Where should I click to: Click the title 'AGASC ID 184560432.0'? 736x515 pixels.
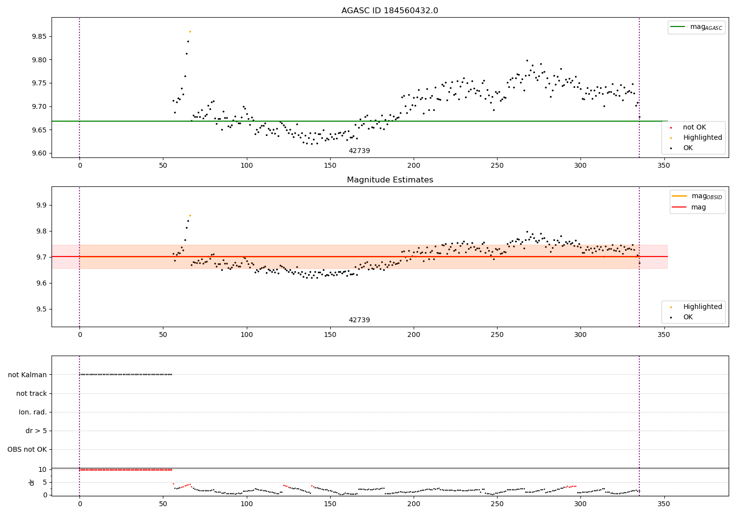coord(390,11)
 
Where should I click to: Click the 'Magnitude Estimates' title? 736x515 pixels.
coord(390,180)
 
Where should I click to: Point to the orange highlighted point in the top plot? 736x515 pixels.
coord(190,31)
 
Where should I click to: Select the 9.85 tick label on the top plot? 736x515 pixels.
coord(38,37)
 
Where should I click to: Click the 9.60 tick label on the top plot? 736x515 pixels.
coord(38,154)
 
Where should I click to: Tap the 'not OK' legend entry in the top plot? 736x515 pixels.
coord(694,128)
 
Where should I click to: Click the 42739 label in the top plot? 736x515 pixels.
coord(359,151)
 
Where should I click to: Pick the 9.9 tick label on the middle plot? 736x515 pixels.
coord(41,206)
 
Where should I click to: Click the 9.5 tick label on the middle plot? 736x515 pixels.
coord(41,309)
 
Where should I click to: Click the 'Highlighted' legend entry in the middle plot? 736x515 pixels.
coord(702,307)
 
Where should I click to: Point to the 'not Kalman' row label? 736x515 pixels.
coord(27,375)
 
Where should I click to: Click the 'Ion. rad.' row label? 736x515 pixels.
coord(32,412)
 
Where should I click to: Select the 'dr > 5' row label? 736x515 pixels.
coord(36,431)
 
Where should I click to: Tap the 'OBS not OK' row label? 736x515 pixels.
coord(27,450)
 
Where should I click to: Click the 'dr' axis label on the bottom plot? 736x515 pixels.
coord(32,482)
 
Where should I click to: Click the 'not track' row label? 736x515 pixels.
coord(31,394)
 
